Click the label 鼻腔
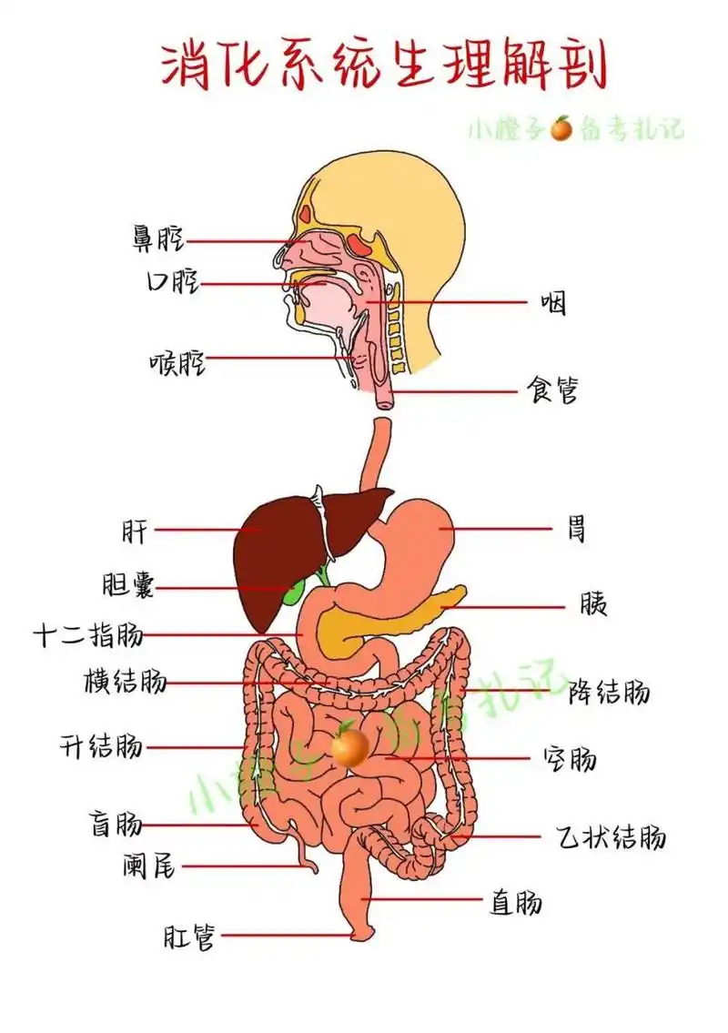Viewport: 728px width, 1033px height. (x=157, y=239)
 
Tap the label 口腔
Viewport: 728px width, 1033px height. (x=172, y=283)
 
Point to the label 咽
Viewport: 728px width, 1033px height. (x=552, y=302)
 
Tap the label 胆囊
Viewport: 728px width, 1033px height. (x=128, y=586)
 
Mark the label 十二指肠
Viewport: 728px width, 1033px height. (x=88, y=634)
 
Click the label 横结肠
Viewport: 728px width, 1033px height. (x=125, y=681)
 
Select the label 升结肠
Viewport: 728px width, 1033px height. (x=101, y=747)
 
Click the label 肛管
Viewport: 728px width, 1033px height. (x=189, y=936)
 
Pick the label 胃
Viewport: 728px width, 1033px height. (x=577, y=528)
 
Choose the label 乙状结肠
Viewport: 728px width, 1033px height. (x=611, y=836)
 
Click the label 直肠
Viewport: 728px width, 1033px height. (x=516, y=901)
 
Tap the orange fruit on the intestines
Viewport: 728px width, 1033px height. (x=349, y=746)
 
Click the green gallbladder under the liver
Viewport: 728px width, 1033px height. (x=293, y=593)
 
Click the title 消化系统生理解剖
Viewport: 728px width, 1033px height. (x=383, y=66)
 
